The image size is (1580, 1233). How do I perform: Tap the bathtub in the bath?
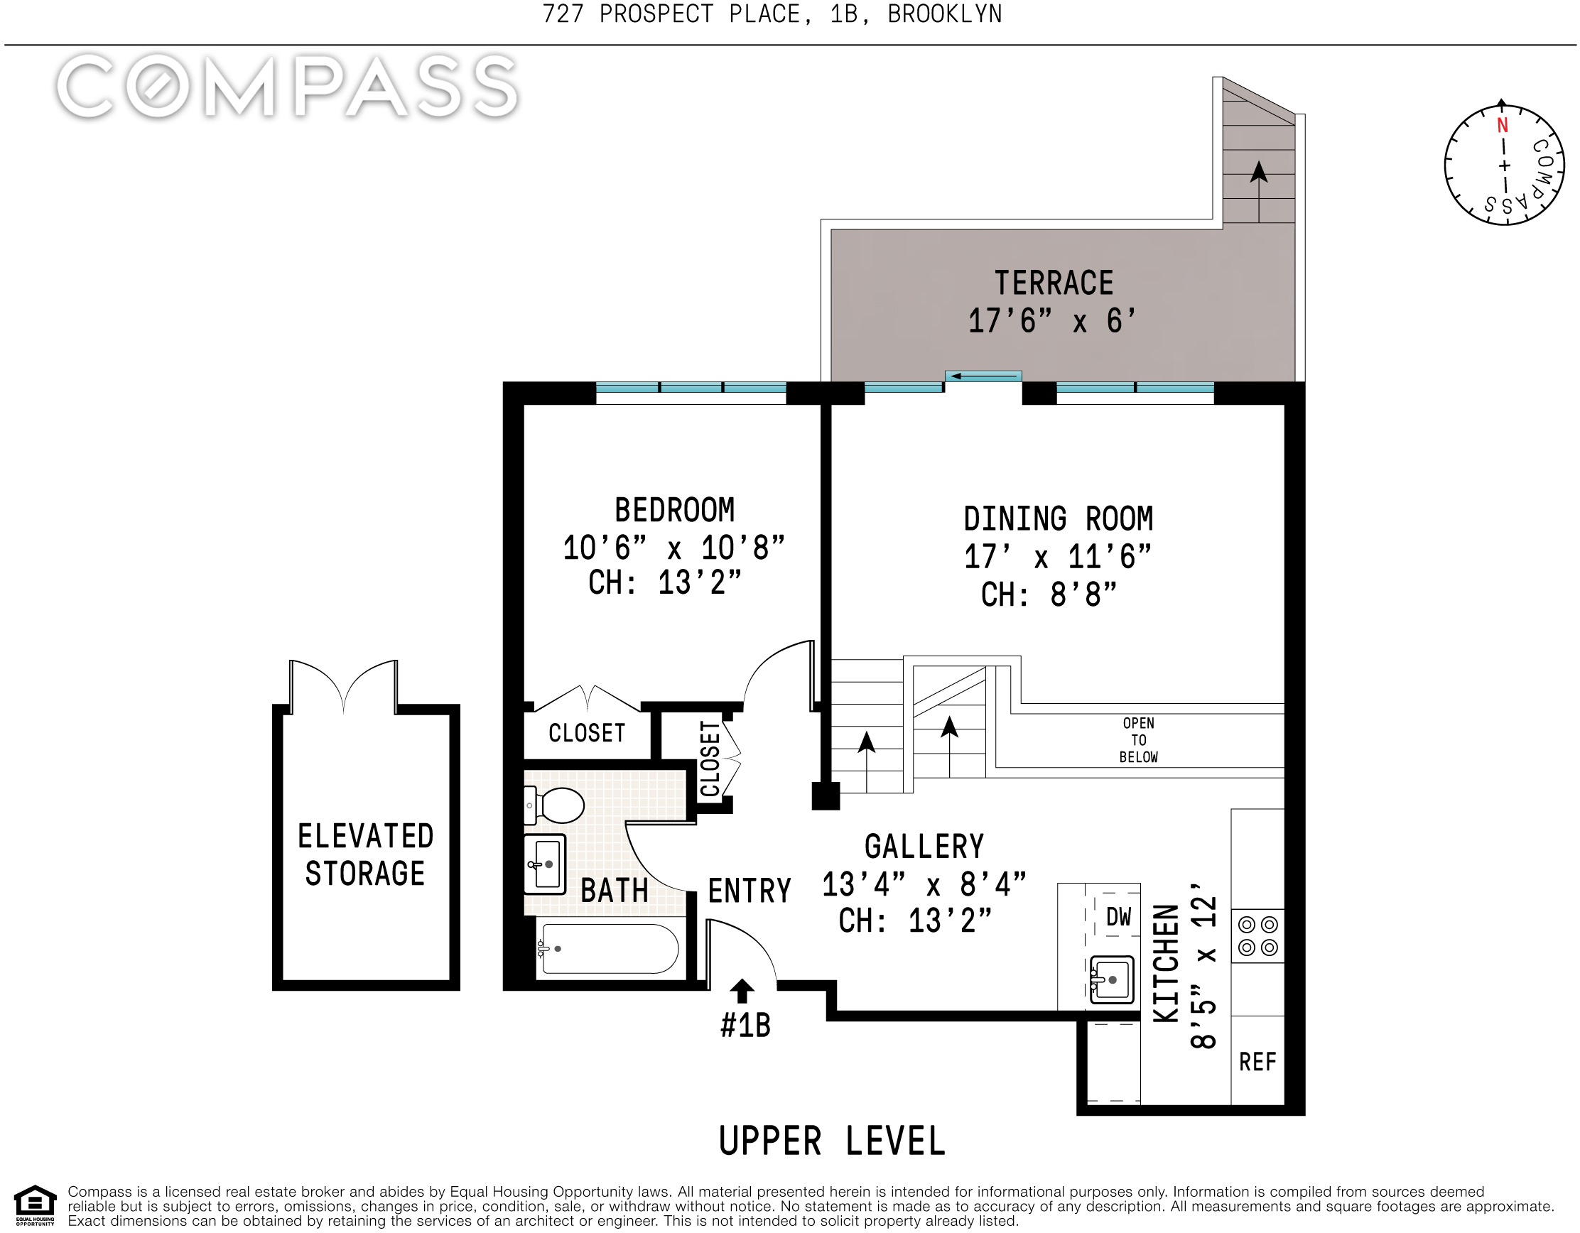point(608,948)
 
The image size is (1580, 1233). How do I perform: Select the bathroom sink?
point(544,864)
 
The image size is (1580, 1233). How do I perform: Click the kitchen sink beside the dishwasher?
point(1111,979)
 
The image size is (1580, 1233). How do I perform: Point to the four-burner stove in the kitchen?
point(1258,936)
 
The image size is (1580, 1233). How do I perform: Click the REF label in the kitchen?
point(1257,1062)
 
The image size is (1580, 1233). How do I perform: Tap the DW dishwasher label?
point(1118,917)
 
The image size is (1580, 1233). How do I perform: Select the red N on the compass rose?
point(1503,125)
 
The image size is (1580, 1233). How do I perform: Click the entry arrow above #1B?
point(742,992)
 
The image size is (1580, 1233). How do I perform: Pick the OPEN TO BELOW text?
point(1139,740)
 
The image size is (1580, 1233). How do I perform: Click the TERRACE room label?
point(1054,283)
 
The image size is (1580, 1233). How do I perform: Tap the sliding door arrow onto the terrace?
point(984,376)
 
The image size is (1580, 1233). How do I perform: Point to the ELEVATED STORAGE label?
point(365,854)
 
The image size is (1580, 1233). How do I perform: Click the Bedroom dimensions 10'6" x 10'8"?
point(673,548)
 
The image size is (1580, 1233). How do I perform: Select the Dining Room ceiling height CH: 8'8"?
point(1049,594)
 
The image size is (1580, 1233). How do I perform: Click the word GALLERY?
point(924,846)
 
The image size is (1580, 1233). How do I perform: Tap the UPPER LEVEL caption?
point(832,1141)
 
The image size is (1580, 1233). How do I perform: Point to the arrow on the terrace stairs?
point(1259,191)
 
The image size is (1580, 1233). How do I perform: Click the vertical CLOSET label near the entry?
point(710,759)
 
